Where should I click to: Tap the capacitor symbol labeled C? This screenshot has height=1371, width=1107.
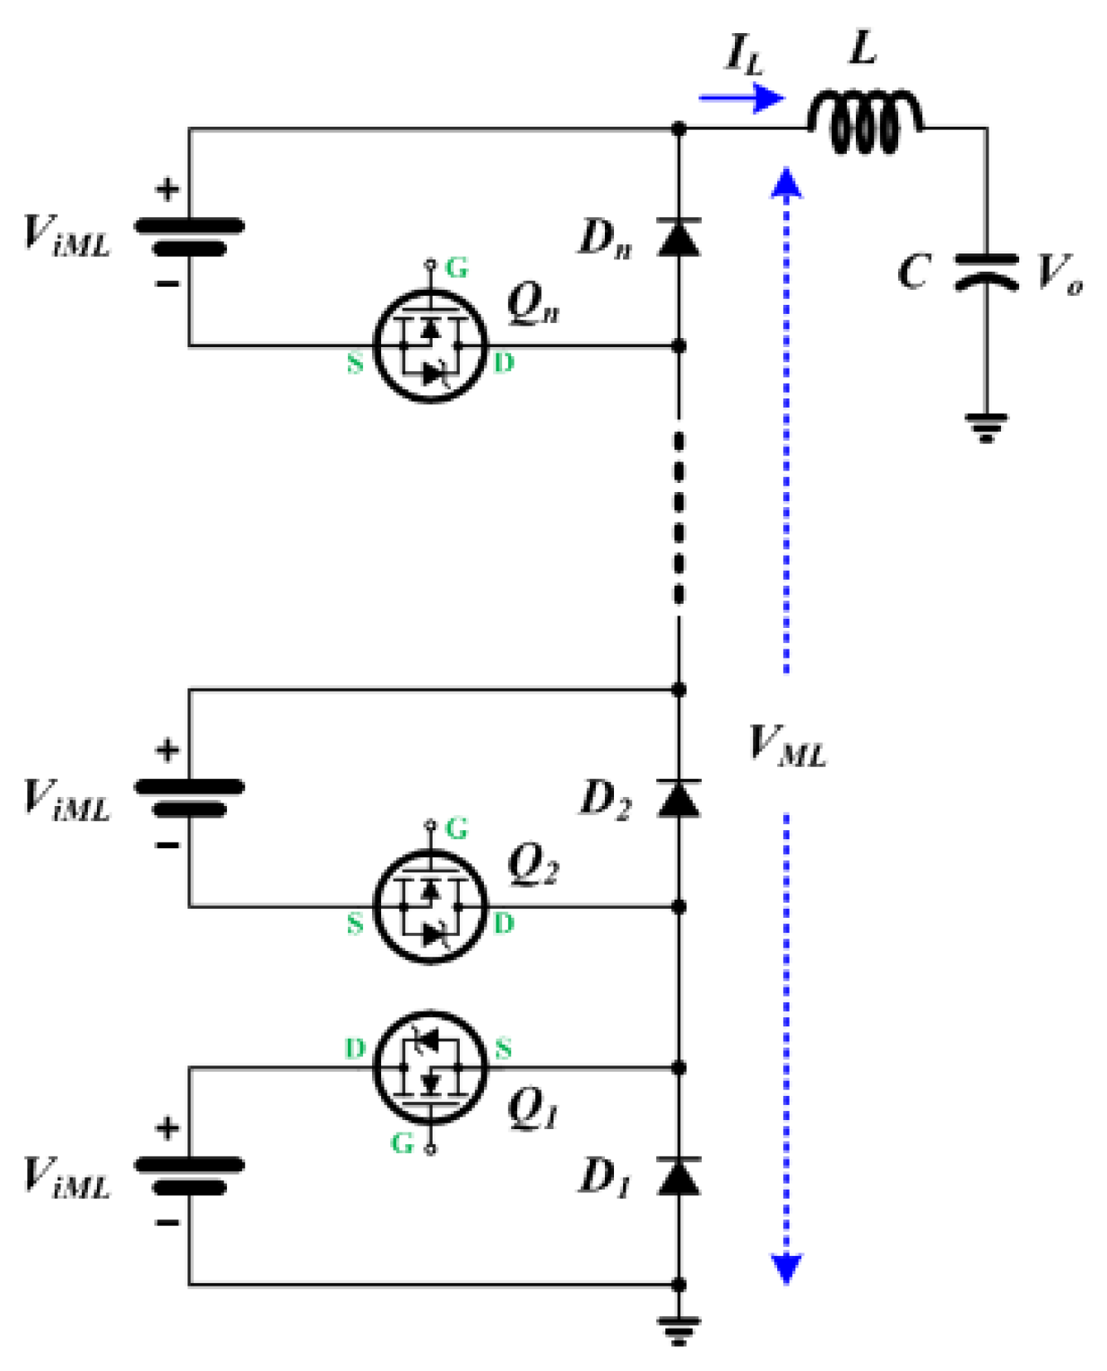pos(986,271)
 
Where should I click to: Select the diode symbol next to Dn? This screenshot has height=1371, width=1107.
pos(679,237)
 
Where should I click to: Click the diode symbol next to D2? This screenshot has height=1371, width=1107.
pos(679,799)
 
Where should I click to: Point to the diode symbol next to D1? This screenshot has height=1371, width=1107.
pos(679,1176)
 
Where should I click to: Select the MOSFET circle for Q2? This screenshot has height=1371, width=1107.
pos(429,907)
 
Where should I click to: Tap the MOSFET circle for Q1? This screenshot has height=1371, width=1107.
pos(429,1068)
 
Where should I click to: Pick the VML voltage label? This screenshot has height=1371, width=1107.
pos(786,745)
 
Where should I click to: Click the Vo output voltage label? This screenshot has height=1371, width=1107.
pos(1059,273)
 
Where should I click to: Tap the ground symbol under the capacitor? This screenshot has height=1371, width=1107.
pos(986,427)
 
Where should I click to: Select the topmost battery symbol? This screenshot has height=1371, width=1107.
pos(190,236)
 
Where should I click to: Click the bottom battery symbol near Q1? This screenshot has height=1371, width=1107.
pos(190,1175)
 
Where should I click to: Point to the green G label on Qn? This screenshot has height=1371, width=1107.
pos(457,268)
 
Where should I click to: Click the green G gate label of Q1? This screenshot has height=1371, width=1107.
pos(402,1143)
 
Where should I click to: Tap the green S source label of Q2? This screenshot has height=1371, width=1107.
pos(355,923)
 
